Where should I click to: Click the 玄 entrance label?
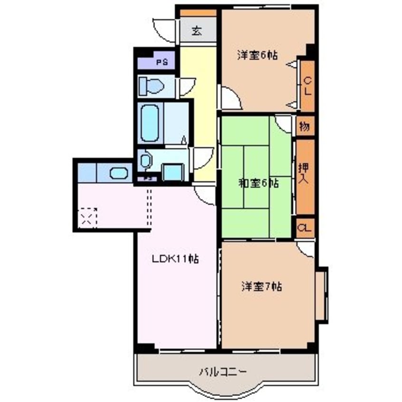197,32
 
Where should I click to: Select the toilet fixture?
151,87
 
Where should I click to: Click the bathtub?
149,123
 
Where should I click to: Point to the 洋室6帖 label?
257,55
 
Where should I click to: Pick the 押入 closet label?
304,174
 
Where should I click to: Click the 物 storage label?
305,127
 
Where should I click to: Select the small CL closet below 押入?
305,228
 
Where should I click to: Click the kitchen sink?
119,172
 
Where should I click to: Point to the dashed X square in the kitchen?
87,218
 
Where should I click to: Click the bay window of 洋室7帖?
321,295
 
